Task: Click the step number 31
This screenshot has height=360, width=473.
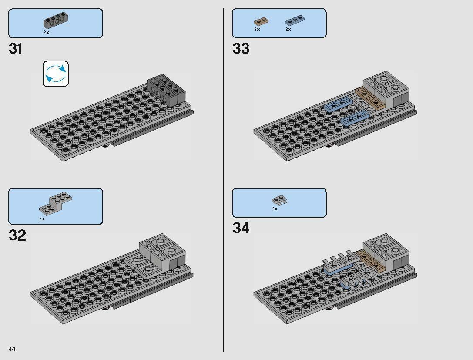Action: pyautogui.click(x=16, y=48)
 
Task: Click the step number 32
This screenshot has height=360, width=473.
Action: pyautogui.click(x=17, y=236)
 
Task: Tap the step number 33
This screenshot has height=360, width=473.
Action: pyautogui.click(x=241, y=48)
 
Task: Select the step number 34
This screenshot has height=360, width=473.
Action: pyautogui.click(x=241, y=228)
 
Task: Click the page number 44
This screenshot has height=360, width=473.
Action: pyautogui.click(x=12, y=349)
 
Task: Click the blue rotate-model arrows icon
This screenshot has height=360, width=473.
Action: pyautogui.click(x=56, y=74)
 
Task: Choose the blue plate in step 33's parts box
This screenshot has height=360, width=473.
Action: pyautogui.click(x=295, y=20)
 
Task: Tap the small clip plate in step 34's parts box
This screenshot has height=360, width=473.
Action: pyautogui.click(x=278, y=200)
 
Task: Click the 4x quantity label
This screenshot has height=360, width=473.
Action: pyautogui.click(x=275, y=209)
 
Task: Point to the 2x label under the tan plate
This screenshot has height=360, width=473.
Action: pyautogui.click(x=257, y=29)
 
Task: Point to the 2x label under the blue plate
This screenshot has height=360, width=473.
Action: pyautogui.click(x=288, y=29)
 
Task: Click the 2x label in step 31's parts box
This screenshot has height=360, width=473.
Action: pyautogui.click(x=46, y=32)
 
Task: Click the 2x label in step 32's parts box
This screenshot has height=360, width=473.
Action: pyautogui.click(x=42, y=219)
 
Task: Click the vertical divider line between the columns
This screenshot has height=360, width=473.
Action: pyautogui.click(x=224, y=180)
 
